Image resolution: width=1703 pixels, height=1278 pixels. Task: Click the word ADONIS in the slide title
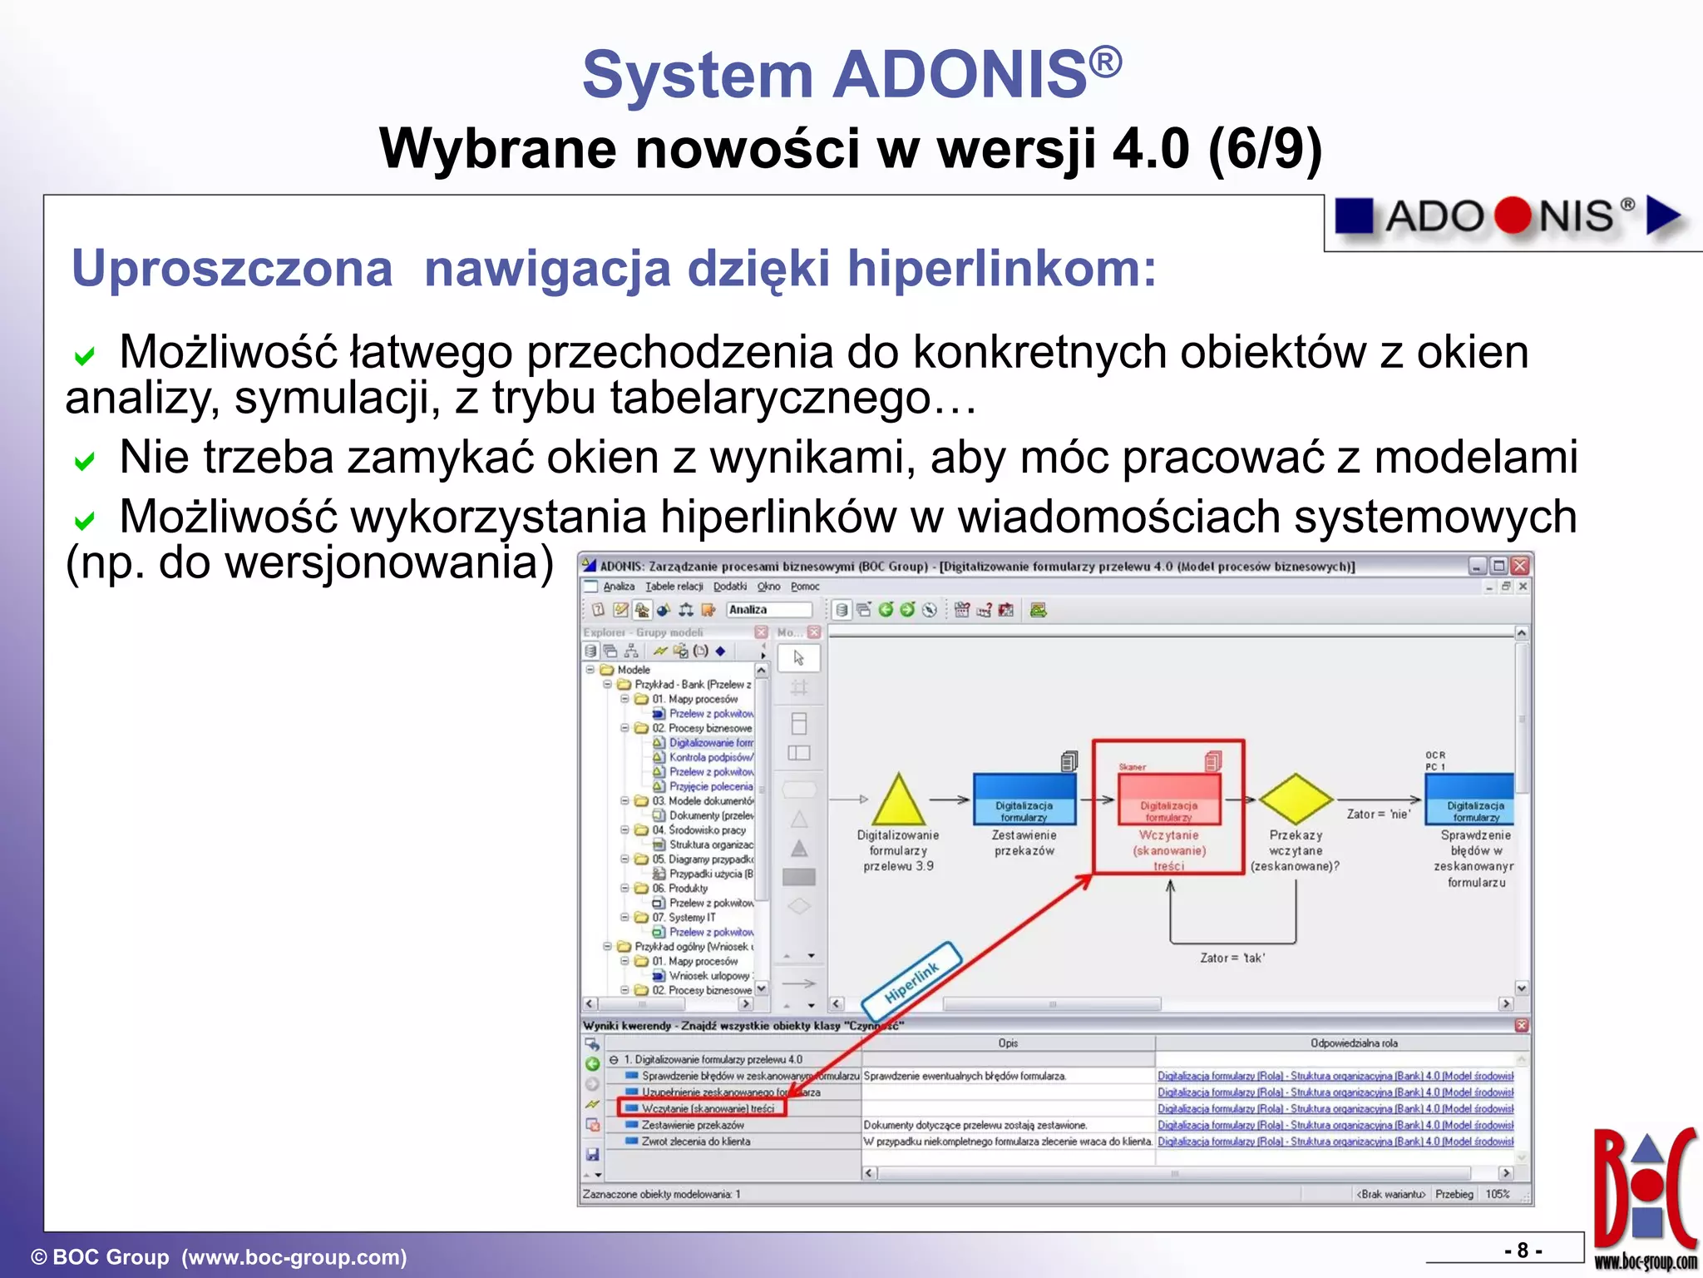point(960,75)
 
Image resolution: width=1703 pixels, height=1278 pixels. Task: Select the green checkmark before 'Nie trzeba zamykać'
point(84,460)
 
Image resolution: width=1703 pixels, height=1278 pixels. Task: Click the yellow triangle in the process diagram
point(897,801)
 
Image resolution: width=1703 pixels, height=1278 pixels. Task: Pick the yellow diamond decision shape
point(1296,799)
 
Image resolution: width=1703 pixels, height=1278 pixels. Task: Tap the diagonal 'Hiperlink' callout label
point(911,981)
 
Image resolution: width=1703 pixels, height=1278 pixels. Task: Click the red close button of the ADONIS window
point(1519,566)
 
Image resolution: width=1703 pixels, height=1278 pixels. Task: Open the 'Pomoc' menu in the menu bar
point(804,587)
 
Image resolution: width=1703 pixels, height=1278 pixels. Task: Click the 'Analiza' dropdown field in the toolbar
point(767,610)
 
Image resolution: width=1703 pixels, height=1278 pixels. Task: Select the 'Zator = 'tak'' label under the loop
point(1232,958)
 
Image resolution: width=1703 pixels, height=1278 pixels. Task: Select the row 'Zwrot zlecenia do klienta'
point(695,1142)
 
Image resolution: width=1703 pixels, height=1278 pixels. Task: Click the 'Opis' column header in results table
point(1007,1043)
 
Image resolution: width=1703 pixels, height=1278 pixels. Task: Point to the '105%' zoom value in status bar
point(1497,1194)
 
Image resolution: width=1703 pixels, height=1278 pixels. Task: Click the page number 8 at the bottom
point(1523,1251)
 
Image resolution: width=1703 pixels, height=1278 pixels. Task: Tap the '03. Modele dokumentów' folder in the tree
point(702,801)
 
